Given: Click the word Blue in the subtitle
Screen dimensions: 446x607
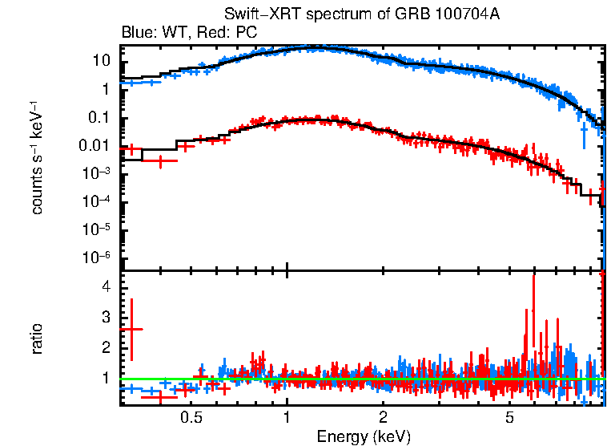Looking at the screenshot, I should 136,33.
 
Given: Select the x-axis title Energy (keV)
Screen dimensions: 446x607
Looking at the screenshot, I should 364,436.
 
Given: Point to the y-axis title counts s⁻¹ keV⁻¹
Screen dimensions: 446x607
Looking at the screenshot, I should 37,158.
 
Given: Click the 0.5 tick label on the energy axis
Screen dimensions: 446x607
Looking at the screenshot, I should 191,418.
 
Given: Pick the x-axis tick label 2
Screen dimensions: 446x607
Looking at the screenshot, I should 384,418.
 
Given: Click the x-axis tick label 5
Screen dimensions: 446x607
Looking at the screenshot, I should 509,418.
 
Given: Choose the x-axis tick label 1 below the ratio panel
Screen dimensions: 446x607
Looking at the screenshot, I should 287,418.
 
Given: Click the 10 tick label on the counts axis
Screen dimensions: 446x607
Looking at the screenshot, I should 101,61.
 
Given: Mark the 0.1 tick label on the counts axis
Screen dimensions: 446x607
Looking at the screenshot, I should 98,118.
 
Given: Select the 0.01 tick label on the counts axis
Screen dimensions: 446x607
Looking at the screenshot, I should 94,146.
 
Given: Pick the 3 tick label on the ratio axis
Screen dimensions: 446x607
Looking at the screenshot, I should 104,318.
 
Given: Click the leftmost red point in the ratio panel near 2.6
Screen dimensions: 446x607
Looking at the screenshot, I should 131,329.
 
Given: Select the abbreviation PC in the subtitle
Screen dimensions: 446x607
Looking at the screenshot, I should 246,33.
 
